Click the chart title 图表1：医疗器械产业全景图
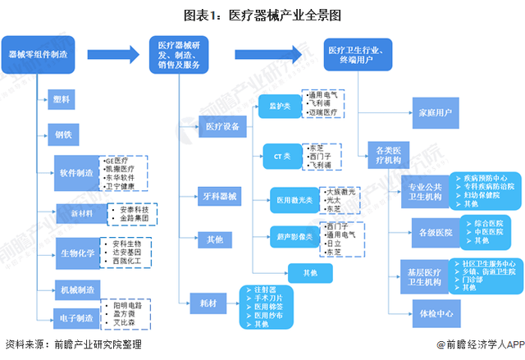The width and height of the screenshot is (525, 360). tap(262, 15)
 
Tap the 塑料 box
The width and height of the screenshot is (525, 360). tap(62, 99)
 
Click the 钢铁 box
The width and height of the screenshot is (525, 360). tap(62, 134)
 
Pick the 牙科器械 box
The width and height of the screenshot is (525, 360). tap(219, 197)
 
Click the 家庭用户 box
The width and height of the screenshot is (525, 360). tap(435, 112)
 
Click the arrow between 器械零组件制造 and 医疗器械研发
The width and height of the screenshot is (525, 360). tap(111, 55)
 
